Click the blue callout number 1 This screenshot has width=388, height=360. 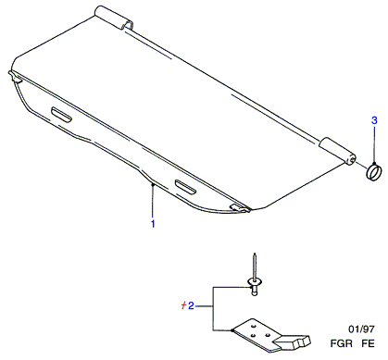point(153,224)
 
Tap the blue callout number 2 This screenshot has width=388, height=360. point(191,305)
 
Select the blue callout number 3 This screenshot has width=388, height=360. point(374,120)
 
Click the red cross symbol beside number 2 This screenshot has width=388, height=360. point(183,305)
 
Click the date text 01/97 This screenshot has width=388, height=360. point(361,329)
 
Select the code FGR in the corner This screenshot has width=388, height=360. point(342,343)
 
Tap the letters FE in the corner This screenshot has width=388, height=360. point(368,343)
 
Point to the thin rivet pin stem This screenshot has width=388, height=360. point(255,266)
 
